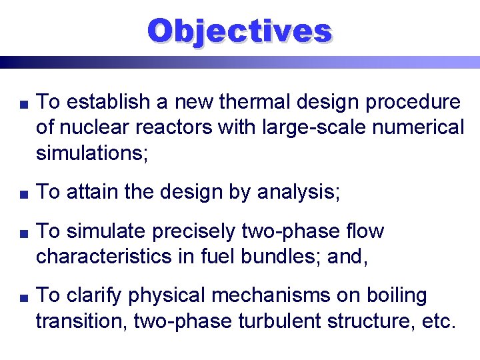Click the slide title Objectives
click(239, 31)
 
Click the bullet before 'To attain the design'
click(23, 193)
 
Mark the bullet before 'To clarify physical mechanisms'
click(23, 296)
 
